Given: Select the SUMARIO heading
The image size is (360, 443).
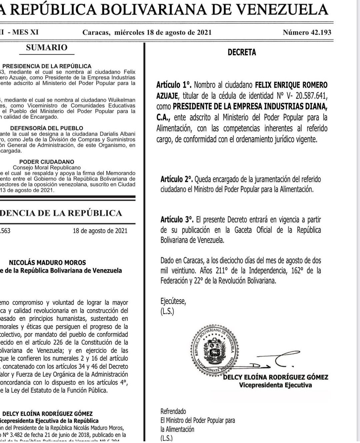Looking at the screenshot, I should [x=47, y=48].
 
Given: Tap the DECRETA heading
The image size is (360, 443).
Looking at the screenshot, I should [x=242, y=52].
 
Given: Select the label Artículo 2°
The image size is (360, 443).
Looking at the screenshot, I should [x=177, y=179].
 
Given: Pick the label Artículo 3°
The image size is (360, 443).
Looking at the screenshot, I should [x=177, y=220].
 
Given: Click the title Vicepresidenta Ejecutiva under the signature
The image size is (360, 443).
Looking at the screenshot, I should [x=275, y=385].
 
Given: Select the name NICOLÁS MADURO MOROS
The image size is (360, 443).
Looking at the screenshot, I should [x=47, y=263].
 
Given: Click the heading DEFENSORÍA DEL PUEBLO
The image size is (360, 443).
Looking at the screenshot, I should [x=47, y=128].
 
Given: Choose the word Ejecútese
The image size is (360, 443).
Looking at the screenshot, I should [x=173, y=302].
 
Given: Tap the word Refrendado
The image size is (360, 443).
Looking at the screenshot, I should [x=173, y=411].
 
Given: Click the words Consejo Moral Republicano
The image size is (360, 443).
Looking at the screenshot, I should [x=47, y=167].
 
